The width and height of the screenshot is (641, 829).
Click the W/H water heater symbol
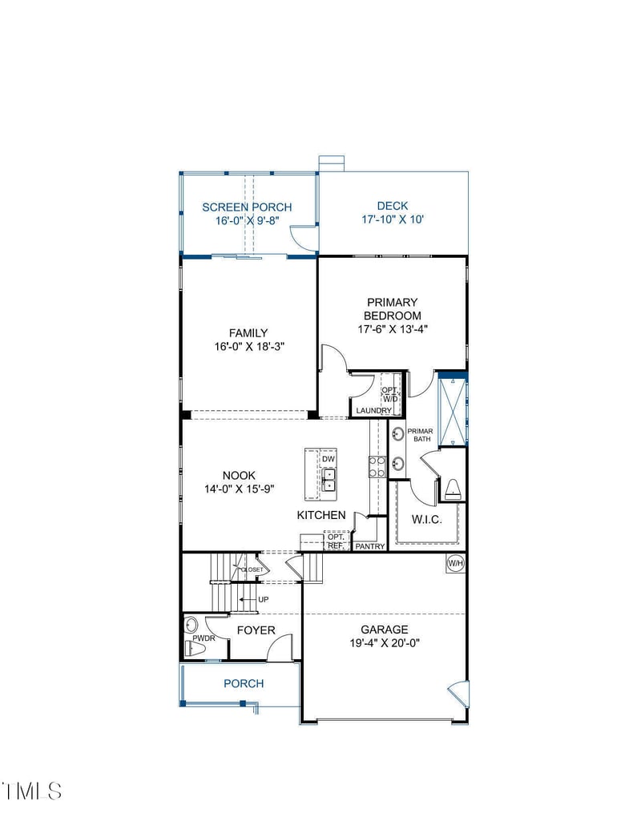(x=455, y=564)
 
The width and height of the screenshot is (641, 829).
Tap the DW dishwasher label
(x=328, y=459)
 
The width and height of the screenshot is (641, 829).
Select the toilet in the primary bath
(x=453, y=488)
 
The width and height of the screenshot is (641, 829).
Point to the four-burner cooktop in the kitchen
(x=375, y=466)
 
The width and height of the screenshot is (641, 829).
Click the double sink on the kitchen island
(x=328, y=480)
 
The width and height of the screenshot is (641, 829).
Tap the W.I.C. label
(x=428, y=519)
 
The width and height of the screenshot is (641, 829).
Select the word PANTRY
(x=370, y=546)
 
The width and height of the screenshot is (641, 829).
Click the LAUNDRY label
(x=374, y=411)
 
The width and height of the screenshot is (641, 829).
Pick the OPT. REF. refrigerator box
(x=335, y=541)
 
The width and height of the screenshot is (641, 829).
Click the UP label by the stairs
(x=264, y=599)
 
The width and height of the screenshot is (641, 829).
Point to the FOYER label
(x=256, y=630)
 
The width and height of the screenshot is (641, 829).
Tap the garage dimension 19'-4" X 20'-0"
(x=384, y=642)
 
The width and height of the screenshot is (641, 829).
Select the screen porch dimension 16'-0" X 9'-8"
(x=247, y=220)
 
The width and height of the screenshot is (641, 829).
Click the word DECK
(x=393, y=206)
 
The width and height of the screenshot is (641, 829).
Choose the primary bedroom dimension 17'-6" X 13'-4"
(x=393, y=329)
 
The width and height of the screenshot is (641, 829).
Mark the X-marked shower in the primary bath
(x=453, y=409)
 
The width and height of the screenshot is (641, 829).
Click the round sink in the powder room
(x=191, y=625)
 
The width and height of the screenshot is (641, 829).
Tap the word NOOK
(x=239, y=476)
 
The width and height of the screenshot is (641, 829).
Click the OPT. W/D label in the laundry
(x=389, y=393)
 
